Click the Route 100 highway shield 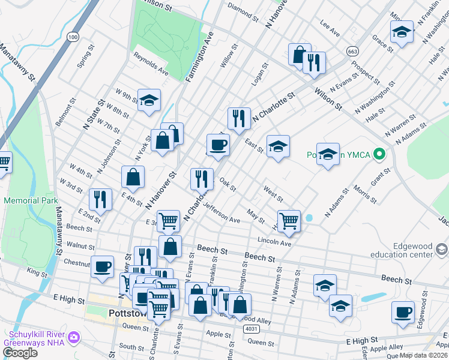coord(73,37)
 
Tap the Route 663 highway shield coord(352,52)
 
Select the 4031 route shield coord(252,329)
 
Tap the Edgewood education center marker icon coord(442,249)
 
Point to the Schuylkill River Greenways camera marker coord(74,337)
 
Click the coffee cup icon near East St coord(218,145)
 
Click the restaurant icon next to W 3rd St coord(100,200)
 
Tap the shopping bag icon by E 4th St coord(133,177)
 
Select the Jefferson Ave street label coord(221,212)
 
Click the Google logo coord(20,353)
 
